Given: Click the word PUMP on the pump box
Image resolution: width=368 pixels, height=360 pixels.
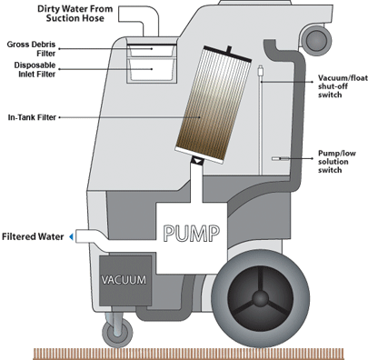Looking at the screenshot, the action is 192,234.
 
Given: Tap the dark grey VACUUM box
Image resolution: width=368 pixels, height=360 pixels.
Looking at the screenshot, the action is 125,280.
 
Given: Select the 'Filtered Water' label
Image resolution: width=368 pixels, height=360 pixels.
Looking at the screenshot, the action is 33,236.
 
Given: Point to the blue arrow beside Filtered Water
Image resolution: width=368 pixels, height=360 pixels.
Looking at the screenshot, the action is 71,236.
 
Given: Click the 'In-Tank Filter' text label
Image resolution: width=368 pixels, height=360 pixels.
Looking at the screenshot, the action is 32,117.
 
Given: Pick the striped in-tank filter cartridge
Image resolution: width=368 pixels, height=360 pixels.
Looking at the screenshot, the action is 214,105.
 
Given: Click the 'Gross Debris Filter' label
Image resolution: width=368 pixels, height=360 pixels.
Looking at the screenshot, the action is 31,49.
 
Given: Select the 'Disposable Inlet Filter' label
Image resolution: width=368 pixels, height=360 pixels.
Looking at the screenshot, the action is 35,69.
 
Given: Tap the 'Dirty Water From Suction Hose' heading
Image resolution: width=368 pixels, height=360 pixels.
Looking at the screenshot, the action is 75,14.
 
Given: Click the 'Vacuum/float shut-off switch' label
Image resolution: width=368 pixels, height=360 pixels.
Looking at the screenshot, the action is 343,86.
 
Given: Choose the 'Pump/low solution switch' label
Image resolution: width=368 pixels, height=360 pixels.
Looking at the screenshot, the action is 336,162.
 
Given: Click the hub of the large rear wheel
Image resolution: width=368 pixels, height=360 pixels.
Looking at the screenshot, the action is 260,298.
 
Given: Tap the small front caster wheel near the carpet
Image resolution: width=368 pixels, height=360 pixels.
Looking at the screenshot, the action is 117,333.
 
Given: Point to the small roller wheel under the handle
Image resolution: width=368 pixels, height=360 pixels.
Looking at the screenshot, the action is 317,40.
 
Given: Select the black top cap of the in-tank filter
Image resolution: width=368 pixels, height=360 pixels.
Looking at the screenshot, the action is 228,55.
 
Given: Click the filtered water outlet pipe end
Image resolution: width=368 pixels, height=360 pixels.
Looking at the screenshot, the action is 78,236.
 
